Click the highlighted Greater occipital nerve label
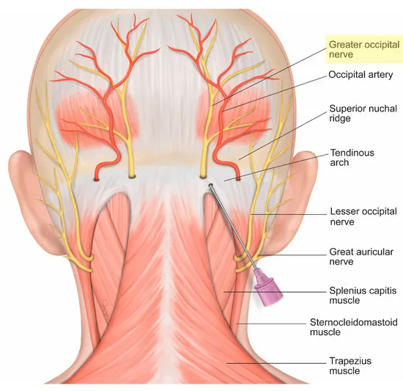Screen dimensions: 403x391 click(x=364, y=49)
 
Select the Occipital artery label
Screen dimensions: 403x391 click(x=361, y=75)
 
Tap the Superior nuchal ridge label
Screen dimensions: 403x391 click(x=363, y=113)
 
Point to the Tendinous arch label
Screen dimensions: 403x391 click(x=352, y=158)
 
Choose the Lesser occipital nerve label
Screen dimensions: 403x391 click(x=363, y=216)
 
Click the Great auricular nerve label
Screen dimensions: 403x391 click(x=361, y=257)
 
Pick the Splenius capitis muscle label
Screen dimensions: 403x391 click(x=363, y=296)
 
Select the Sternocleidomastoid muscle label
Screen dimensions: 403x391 click(x=353, y=326)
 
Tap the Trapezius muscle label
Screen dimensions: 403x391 click(x=350, y=365)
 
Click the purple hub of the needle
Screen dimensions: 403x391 click(x=269, y=288)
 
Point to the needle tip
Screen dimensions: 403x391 click(x=210, y=185)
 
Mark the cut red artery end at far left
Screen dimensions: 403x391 click(x=97, y=178)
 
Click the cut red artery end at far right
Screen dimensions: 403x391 click(x=237, y=178)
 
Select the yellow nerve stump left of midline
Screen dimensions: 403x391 click(x=132, y=176)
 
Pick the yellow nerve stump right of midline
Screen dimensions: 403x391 click(x=203, y=176)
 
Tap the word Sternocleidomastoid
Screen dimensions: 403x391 click(x=353, y=322)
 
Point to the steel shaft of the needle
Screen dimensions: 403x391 click(x=233, y=227)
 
